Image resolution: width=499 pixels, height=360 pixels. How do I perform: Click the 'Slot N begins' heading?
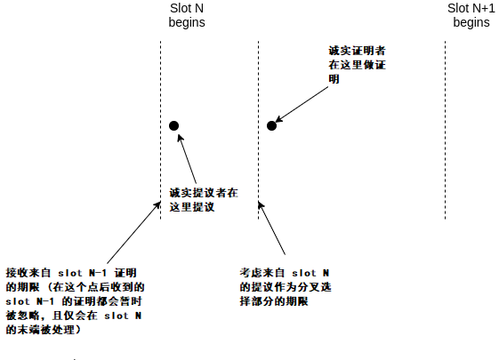187,15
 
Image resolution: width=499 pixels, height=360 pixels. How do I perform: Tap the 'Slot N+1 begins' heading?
471,15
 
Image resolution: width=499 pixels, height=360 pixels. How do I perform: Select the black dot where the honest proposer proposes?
173,126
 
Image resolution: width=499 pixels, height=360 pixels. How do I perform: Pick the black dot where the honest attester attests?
271,126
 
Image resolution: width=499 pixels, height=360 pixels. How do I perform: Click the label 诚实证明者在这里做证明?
357,65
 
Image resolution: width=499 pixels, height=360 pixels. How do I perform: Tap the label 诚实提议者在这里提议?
204,200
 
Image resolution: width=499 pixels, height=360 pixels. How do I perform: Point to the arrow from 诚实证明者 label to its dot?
302,104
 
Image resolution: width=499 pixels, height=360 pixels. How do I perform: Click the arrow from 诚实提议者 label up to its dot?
187,159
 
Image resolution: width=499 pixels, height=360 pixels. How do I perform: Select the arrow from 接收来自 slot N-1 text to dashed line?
133,232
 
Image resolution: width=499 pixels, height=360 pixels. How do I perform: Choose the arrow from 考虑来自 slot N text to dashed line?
271,228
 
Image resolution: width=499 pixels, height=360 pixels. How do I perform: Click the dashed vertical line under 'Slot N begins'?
160,130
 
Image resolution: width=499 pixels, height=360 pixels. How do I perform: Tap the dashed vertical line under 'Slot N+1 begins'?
446,130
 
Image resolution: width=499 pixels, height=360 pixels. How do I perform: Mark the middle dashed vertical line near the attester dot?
258,130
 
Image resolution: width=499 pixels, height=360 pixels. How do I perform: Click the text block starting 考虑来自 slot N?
286,287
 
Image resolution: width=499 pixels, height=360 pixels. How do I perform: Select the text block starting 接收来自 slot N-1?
75,301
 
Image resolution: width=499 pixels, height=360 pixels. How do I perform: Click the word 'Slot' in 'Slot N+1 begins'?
458,9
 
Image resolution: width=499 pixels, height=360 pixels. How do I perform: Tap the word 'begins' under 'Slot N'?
187,23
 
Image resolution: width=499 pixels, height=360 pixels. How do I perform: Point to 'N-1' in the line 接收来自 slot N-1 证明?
97,273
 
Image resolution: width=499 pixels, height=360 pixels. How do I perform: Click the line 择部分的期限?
274,301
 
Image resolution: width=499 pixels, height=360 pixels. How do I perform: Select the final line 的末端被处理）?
43,330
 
